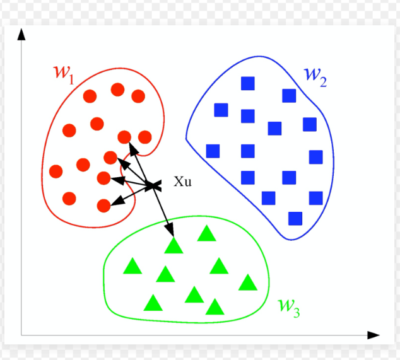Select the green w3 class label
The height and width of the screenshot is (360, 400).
(288, 307)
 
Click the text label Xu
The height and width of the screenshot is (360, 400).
(182, 183)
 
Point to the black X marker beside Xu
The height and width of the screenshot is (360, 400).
(155, 185)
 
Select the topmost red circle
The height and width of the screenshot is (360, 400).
(117, 90)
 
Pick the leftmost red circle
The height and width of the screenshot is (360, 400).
(56, 171)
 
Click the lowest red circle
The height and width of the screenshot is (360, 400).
(104, 205)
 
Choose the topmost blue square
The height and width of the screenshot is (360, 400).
(248, 83)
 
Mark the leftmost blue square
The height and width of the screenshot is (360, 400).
(213, 151)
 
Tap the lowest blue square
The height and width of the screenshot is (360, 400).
(295, 218)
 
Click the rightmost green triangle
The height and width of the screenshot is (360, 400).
(249, 283)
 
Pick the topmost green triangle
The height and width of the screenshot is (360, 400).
(206, 234)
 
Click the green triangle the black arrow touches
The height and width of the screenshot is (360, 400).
(173, 245)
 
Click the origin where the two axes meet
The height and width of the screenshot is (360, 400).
(21, 335)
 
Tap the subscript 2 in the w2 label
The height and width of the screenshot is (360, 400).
(322, 81)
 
